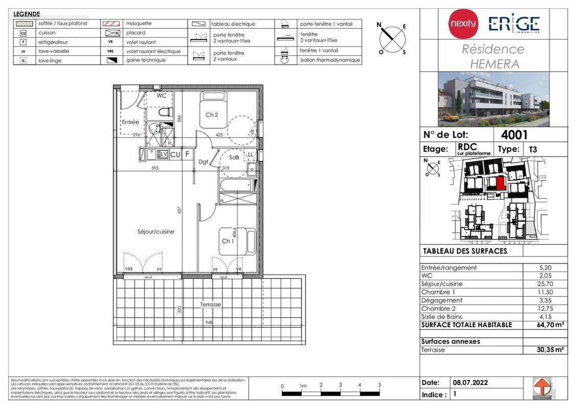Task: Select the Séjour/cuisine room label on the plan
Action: click(x=155, y=232)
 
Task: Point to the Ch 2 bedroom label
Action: click(x=212, y=115)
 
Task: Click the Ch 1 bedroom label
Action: click(x=227, y=241)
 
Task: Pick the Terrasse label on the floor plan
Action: click(x=210, y=304)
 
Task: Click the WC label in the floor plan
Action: click(x=161, y=96)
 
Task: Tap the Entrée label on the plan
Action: click(x=130, y=122)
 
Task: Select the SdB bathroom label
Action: click(x=234, y=157)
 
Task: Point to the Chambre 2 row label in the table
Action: click(x=442, y=308)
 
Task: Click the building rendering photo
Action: click(x=493, y=99)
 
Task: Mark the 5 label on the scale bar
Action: click(x=380, y=385)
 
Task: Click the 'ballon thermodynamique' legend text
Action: click(x=330, y=60)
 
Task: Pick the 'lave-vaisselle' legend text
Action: click(x=54, y=51)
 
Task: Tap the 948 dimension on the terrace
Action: click(x=209, y=323)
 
